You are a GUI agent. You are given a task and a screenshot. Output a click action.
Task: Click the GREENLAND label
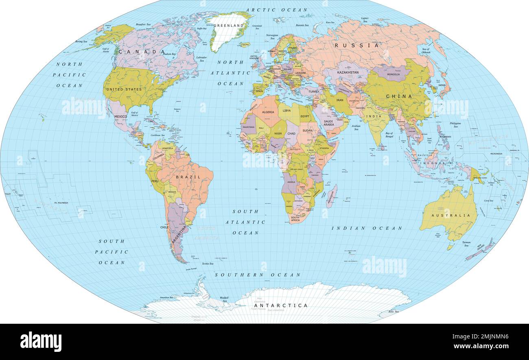pyautogui.click(x=229, y=25)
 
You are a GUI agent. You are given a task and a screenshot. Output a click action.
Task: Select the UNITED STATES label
pyautogui.click(x=124, y=89)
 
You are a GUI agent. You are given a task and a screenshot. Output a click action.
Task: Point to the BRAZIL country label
pyautogui.click(x=188, y=177)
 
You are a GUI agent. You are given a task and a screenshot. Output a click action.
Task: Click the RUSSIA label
pyautogui.click(x=356, y=46)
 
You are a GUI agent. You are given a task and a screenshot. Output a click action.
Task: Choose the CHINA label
pyautogui.click(x=399, y=97)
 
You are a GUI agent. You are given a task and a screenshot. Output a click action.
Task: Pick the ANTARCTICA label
pyautogui.click(x=281, y=305)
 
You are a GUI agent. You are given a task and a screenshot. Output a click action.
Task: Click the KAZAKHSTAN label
pyautogui.click(x=348, y=72)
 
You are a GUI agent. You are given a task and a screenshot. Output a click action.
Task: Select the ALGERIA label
pyautogui.click(x=268, y=112)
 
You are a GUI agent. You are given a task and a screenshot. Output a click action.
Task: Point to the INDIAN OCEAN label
pyautogui.click(x=367, y=228)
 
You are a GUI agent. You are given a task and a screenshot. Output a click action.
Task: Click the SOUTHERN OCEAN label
pyautogui.click(x=258, y=275)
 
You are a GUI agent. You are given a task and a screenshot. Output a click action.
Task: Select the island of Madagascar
pyautogui.click(x=332, y=196)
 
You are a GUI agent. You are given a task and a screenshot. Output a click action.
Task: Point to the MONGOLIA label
pyautogui.click(x=393, y=75)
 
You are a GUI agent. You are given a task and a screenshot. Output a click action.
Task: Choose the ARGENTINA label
pyautogui.click(x=179, y=235)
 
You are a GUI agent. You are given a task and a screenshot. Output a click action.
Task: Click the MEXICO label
pyautogui.click(x=120, y=116)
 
